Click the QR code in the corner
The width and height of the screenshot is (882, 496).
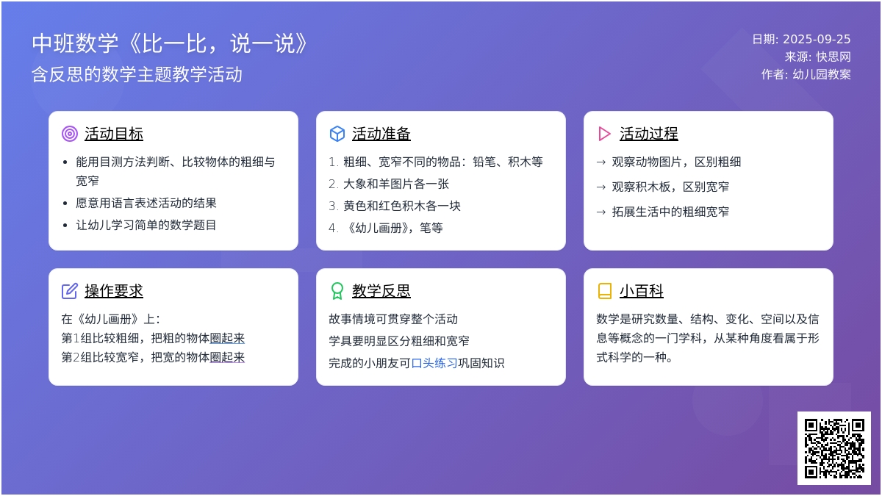tap(834, 448)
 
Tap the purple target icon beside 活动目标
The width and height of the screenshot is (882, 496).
tap(70, 134)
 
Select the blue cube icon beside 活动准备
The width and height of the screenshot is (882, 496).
tap(337, 134)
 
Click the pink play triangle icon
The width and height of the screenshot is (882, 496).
tap(604, 134)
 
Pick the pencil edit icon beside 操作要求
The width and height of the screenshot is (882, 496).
tap(70, 291)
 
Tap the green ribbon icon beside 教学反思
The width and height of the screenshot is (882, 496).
tap(337, 291)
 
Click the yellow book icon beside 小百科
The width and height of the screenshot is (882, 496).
tap(604, 291)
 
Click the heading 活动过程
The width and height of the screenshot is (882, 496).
tap(648, 134)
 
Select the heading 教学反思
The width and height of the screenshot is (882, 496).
tap(381, 291)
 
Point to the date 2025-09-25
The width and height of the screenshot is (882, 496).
tap(817, 39)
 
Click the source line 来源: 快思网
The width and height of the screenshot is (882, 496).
tap(817, 57)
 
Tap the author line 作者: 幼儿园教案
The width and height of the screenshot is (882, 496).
tap(806, 74)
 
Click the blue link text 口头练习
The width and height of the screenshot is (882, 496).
tap(434, 363)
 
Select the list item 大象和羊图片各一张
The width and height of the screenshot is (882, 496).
tap(395, 184)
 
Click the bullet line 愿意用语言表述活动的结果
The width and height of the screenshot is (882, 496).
tap(146, 203)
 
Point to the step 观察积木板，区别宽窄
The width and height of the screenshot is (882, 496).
tap(670, 187)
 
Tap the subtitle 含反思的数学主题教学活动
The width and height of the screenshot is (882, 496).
tap(137, 74)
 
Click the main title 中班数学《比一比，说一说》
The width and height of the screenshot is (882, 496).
tap(170, 43)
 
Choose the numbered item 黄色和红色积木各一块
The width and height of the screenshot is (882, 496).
tap(401, 206)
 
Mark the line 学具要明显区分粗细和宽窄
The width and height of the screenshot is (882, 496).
tap(399, 341)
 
